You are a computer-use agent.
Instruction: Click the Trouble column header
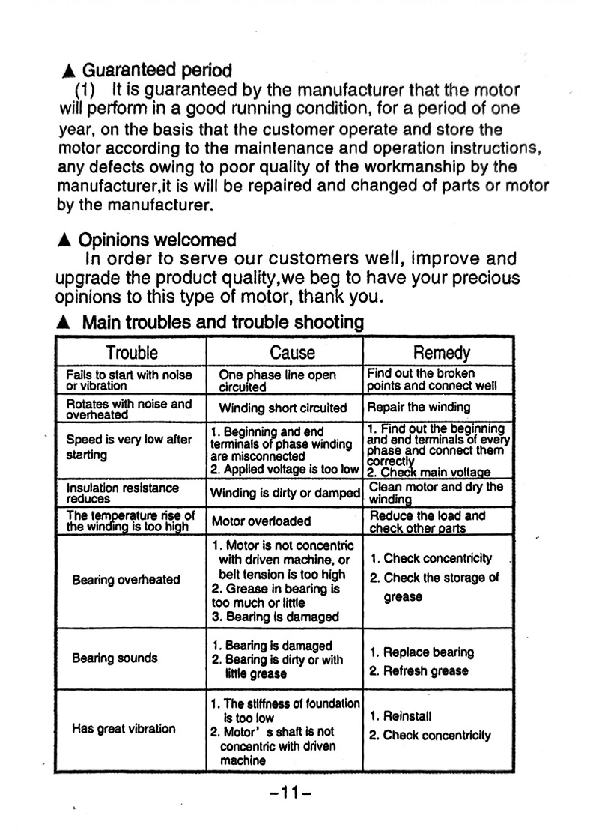pos(132,352)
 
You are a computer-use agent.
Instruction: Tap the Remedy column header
pos(441,353)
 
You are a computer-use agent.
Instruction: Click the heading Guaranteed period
pos(156,71)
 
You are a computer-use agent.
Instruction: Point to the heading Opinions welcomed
pos(157,240)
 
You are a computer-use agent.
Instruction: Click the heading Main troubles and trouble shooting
pos(222,323)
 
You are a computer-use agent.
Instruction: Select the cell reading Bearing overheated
pos(126,579)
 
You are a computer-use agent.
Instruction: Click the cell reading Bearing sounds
pos(115,658)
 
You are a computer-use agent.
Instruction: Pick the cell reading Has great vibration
pos(124,728)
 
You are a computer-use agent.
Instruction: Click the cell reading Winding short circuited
pos(282,408)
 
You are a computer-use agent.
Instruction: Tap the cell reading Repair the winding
pos(419,408)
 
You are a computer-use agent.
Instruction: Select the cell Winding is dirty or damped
pos(285,493)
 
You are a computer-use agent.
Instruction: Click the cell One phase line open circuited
pos(277,381)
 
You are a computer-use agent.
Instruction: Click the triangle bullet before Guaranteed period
pos(68,72)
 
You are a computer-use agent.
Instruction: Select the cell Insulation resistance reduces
pos(123,493)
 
